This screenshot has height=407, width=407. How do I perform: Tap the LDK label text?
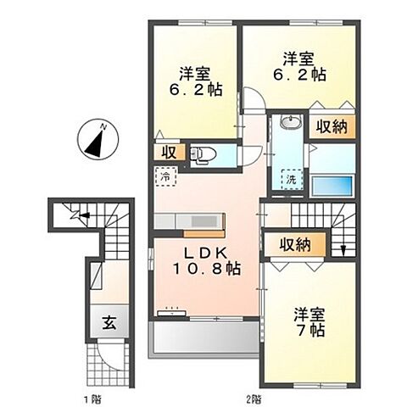208,252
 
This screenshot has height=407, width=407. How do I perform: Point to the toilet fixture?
199,154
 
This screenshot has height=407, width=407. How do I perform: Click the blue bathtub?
332,186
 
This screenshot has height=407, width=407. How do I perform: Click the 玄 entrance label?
110,322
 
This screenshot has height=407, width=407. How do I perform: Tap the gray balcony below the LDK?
203,341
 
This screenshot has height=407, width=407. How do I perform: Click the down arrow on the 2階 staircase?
343,248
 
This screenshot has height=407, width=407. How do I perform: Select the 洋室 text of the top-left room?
195,72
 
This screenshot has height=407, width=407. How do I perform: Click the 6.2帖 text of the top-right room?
301,74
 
